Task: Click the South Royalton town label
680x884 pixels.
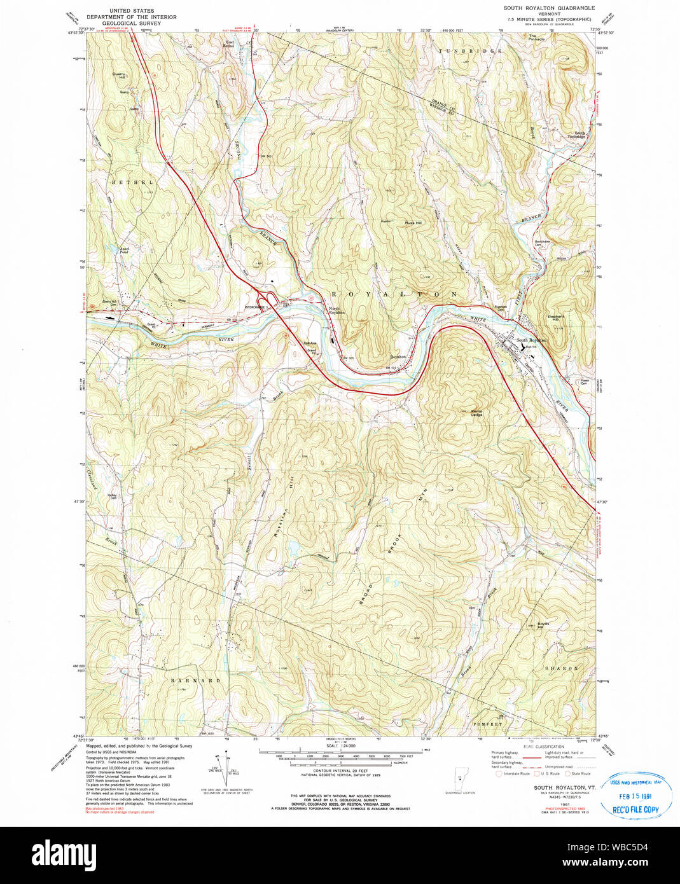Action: click(531, 340)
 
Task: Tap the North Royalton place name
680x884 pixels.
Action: click(337, 311)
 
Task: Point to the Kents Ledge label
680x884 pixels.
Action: click(476, 412)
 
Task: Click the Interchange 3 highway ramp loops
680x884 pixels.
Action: click(266, 298)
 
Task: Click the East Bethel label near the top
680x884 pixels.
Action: click(230, 45)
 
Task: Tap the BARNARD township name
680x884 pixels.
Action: click(196, 680)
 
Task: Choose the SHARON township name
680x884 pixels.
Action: click(562, 669)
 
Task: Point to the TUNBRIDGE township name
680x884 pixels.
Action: click(470, 50)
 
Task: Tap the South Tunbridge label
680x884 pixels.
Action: click(576, 135)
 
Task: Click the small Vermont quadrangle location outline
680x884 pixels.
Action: click(460, 780)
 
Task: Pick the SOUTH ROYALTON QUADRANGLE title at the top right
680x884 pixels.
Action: click(549, 8)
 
